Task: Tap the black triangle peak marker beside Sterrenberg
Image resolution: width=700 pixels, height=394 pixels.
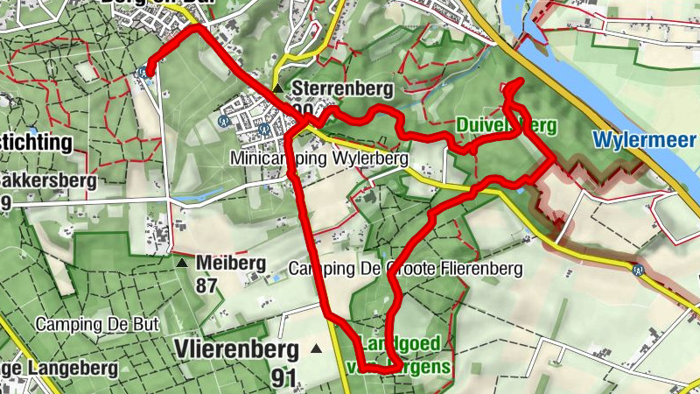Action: click(277, 89)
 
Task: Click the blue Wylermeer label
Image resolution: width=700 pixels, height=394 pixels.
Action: click(643, 140)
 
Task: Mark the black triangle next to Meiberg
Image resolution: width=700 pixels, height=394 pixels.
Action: click(182, 263)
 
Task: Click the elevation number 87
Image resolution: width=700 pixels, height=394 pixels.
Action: click(207, 286)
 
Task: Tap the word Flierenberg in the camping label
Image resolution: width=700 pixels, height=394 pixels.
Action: click(479, 269)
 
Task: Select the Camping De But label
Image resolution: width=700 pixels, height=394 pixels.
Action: click(96, 324)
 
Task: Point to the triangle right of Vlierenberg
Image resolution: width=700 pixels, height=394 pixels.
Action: click(316, 349)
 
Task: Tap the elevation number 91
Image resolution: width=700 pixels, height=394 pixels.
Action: click(283, 378)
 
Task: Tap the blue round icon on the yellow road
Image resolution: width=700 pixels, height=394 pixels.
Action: click(640, 270)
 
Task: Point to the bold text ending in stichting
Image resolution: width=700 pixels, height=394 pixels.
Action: click(35, 142)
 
